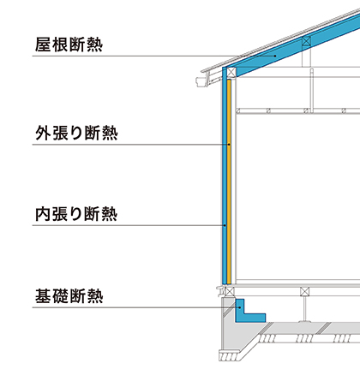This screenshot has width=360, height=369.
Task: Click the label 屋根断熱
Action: (69, 45)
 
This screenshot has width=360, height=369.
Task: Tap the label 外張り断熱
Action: (76, 133)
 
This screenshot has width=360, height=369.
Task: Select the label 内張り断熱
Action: (76, 214)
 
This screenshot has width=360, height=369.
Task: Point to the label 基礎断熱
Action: (69, 296)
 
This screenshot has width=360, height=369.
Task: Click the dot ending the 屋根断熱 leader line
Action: (275, 56)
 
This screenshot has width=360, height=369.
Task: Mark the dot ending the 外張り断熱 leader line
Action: (229, 145)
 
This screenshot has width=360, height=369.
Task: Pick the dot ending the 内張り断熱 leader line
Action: (225, 225)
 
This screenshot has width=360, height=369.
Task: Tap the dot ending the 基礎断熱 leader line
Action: (240, 307)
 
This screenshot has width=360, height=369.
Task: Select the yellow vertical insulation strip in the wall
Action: (229, 182)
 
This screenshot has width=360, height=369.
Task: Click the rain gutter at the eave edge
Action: (203, 81)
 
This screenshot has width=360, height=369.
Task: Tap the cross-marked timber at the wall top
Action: (231, 72)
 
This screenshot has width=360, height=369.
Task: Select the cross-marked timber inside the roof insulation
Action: (306, 41)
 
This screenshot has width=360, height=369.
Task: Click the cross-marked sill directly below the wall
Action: (230, 292)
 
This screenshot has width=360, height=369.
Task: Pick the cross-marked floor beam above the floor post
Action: (305, 292)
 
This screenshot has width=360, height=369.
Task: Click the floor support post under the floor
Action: (305, 309)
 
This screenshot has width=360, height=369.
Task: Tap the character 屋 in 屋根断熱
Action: (43, 45)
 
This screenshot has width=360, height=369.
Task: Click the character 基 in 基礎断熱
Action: (43, 296)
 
